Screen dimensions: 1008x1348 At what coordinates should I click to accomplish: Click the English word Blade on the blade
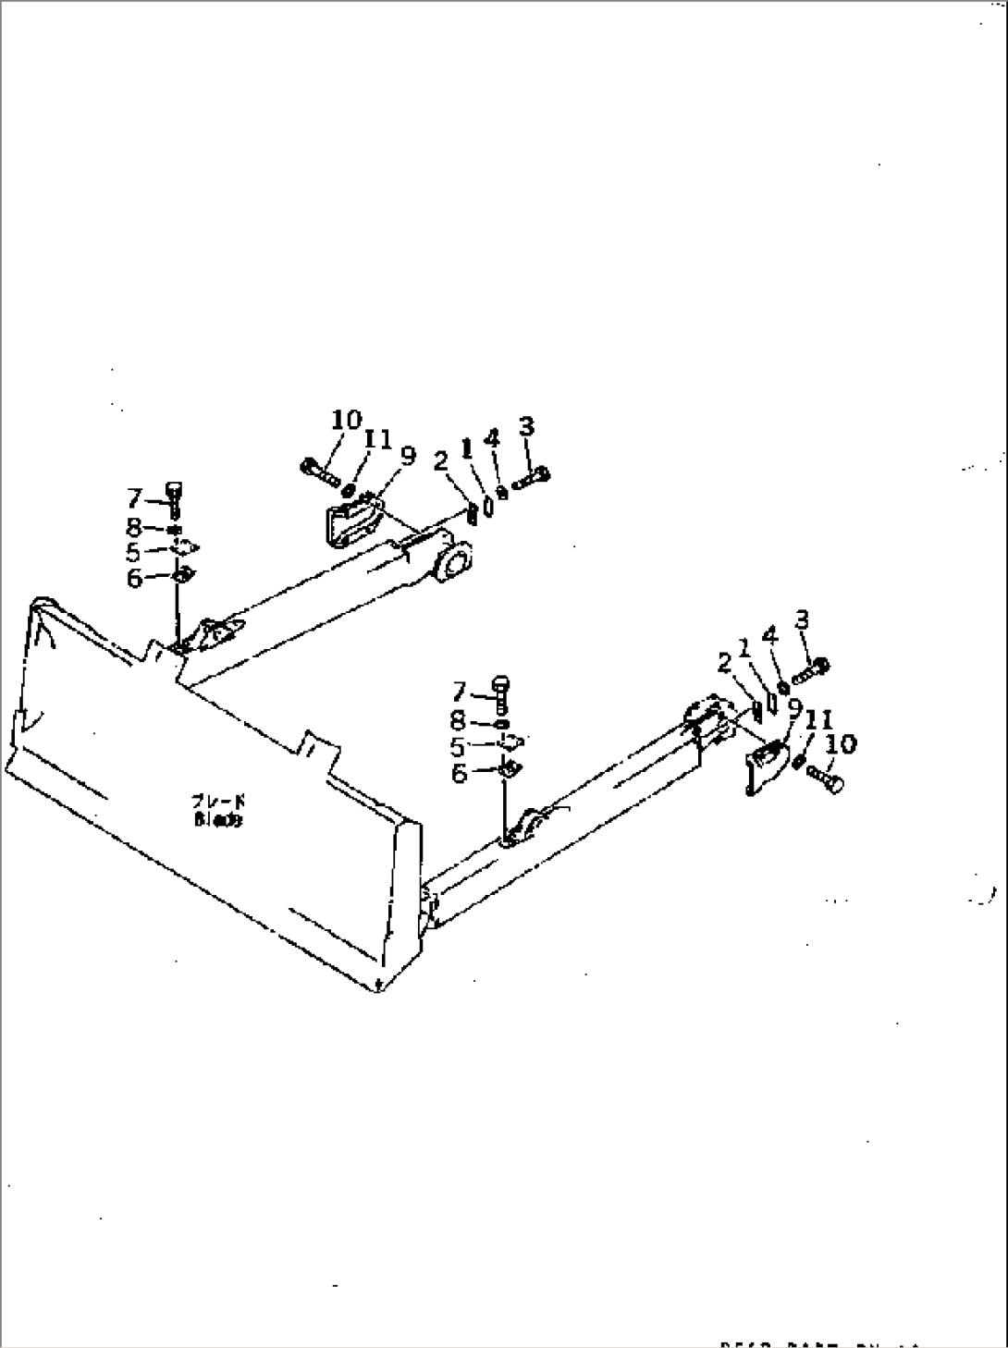218,819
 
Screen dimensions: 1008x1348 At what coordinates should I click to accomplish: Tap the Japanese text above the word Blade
218,802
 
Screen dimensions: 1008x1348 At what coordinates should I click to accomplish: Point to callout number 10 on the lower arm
842,743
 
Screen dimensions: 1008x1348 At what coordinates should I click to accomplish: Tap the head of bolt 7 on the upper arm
173,488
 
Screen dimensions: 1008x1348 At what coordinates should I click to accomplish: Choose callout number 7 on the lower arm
460,691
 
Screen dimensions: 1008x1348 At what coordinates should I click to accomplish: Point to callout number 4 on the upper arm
492,438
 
